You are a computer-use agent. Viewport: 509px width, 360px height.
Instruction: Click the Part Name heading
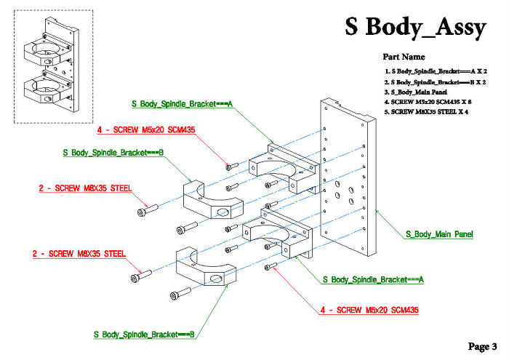tap(404, 57)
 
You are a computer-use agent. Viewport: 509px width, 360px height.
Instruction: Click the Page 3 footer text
tap(483, 345)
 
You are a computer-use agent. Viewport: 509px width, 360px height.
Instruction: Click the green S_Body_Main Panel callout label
tap(439, 234)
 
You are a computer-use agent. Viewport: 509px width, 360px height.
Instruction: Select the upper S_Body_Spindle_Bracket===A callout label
tap(182, 104)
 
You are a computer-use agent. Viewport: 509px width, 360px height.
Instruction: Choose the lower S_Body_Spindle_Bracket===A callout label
tap(372, 279)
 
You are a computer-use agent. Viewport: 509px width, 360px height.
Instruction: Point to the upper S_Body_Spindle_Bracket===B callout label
tap(113, 153)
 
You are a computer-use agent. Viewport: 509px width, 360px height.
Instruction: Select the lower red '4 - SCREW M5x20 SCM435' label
tap(369, 311)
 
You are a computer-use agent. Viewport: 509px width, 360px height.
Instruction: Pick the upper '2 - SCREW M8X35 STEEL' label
tap(85, 188)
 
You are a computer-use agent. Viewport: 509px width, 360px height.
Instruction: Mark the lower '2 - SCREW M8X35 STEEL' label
tap(79, 254)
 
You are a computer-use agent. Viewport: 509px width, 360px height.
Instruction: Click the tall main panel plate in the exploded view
tap(348, 182)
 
